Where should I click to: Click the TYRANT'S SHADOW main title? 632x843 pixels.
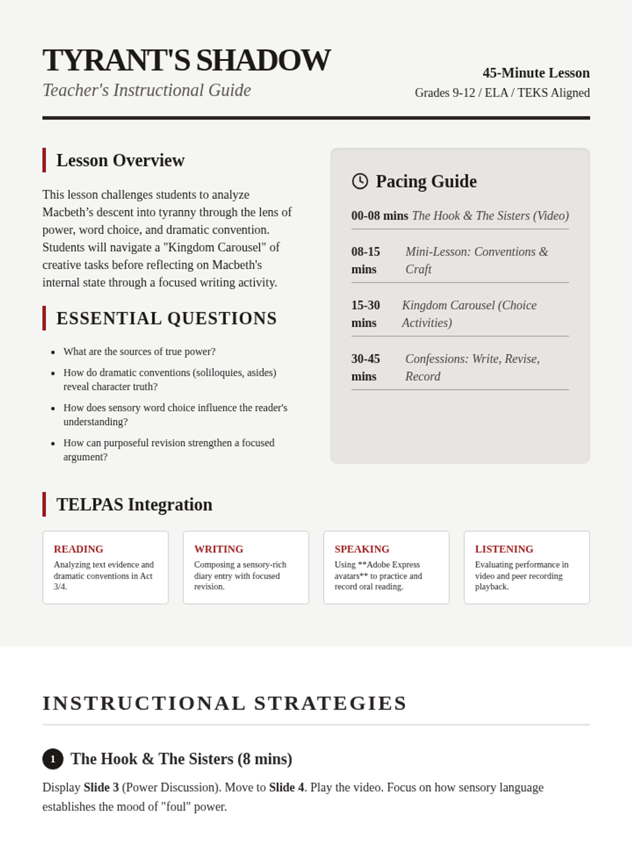click(186, 60)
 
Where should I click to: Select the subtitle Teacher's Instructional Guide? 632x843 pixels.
click(146, 90)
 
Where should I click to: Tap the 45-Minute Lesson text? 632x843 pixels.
click(536, 73)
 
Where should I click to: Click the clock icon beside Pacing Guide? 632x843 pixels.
click(360, 181)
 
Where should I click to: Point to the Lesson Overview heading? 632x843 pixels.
click(120, 160)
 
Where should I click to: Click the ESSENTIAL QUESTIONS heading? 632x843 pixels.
click(166, 318)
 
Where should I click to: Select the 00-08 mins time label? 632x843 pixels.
click(379, 215)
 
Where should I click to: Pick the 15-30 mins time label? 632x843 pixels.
click(366, 314)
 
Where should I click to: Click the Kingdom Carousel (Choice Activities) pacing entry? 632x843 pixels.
click(469, 314)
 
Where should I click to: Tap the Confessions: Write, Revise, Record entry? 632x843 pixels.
click(472, 368)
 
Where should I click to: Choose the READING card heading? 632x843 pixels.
click(78, 549)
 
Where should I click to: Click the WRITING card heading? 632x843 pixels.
click(219, 549)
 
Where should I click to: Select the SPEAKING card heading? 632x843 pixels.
click(362, 549)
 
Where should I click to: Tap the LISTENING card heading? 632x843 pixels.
click(504, 549)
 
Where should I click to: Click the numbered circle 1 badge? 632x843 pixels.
click(53, 759)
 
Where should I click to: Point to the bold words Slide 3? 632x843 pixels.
click(101, 788)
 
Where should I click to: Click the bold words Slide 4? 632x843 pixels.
click(287, 788)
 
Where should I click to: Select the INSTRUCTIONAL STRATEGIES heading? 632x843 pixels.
click(224, 703)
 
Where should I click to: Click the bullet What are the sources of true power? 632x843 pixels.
click(139, 351)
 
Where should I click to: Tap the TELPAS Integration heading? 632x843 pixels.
click(134, 504)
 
